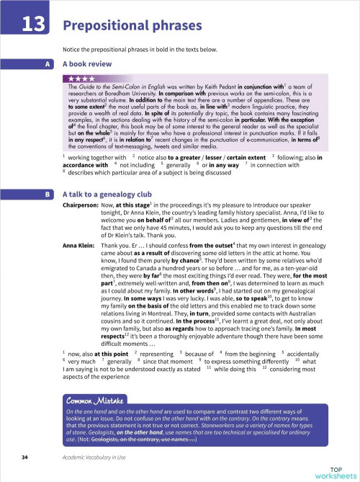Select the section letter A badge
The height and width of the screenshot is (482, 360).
(48, 63)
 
